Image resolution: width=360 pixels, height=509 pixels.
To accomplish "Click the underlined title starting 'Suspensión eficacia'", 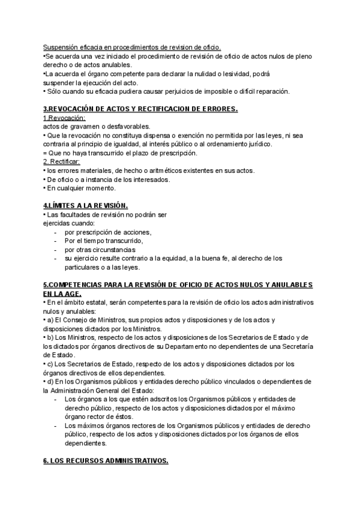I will (132, 47).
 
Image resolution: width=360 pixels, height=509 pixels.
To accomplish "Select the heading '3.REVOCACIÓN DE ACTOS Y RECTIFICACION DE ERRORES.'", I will (141, 109).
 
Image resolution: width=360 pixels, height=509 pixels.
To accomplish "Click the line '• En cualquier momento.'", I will (80, 188).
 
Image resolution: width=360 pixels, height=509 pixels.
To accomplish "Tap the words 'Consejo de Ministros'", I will (82, 320).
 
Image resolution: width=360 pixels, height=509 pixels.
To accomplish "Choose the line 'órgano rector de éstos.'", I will (98, 417).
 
